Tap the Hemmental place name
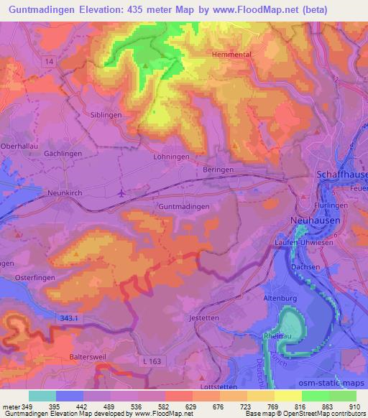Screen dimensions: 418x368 pos(231,54)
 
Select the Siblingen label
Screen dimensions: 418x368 pos(103,114)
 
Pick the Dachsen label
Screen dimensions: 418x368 pos(306,266)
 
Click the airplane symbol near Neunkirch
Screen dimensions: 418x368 pos(120,192)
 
